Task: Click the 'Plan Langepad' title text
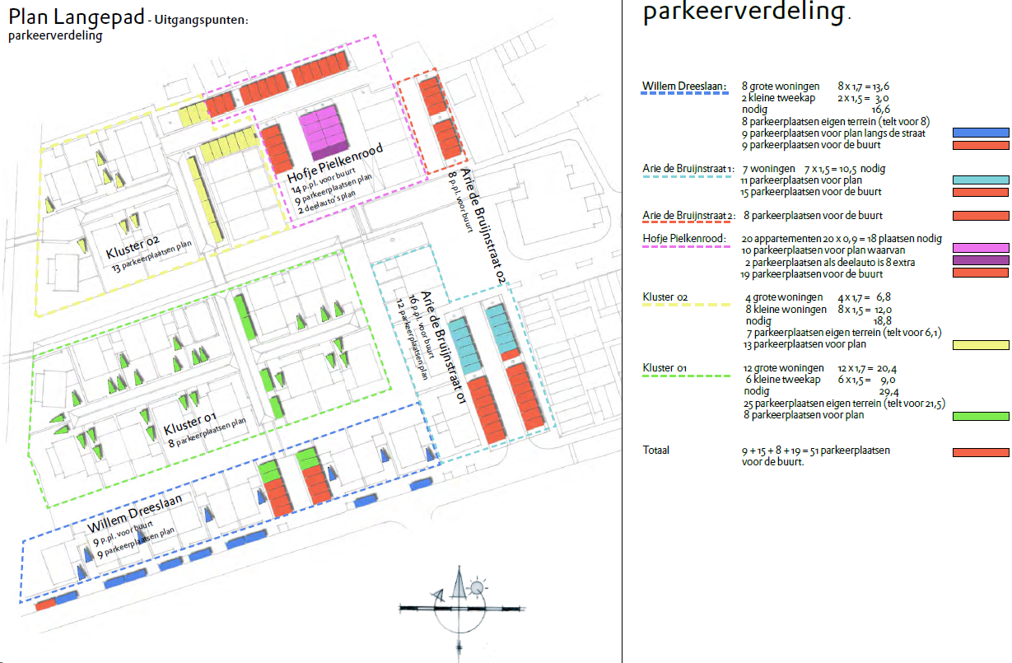pos(77,17)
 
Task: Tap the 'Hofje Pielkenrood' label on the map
pos(335,163)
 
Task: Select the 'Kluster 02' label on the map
pos(133,247)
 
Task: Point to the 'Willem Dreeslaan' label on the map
pos(135,513)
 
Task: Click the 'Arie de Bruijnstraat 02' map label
pos(483,226)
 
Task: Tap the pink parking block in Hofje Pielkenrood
pos(324,132)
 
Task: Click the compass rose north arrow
pos(459,583)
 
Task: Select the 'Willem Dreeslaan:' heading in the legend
pos(684,86)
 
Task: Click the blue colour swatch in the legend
pos(981,133)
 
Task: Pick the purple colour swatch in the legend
pos(981,260)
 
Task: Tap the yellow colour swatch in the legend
pos(981,345)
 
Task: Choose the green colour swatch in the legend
pos(981,416)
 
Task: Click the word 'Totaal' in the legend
pos(656,451)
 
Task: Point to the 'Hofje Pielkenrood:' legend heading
pos(684,238)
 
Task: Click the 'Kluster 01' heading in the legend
pos(665,368)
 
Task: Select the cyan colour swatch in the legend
pos(981,180)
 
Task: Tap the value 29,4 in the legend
pos(888,392)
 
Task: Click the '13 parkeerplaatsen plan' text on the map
pos(152,256)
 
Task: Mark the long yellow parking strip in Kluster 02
pos(205,198)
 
